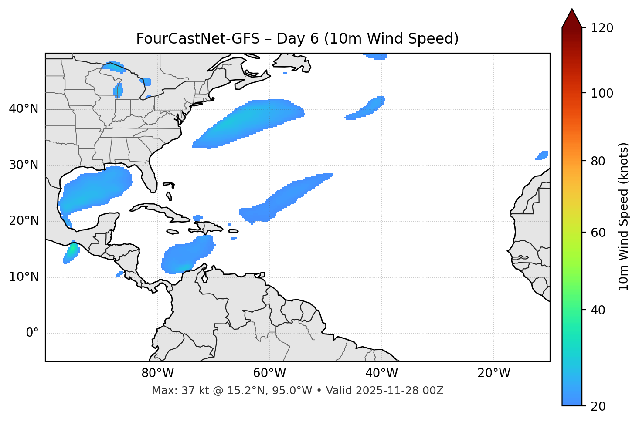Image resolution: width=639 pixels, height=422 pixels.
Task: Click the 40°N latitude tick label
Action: click(x=24, y=109)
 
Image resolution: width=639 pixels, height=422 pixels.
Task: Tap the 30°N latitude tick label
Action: click(x=24, y=165)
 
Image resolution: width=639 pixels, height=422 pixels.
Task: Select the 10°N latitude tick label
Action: click(x=24, y=277)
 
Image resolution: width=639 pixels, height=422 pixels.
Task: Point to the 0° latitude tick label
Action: click(x=32, y=333)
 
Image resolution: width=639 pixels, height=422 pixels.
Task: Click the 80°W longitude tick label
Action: click(x=157, y=373)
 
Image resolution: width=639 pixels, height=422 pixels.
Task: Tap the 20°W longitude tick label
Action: click(x=493, y=373)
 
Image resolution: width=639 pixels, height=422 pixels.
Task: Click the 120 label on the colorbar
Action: click(x=602, y=28)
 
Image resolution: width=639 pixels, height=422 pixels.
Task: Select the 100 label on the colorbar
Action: click(x=602, y=93)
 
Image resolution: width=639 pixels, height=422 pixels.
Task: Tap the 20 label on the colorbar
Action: click(x=598, y=406)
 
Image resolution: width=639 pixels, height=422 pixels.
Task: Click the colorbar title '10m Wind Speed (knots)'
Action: click(x=624, y=216)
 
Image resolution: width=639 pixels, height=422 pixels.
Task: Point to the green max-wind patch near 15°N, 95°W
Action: click(x=72, y=250)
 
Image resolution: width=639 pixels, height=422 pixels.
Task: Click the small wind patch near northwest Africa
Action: click(x=542, y=155)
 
